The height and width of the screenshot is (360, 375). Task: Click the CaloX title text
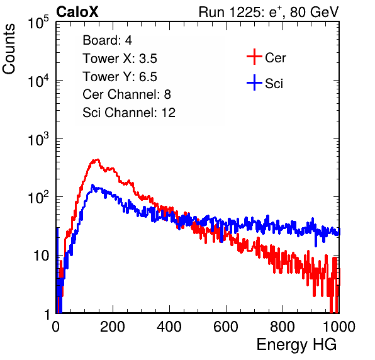[x=77, y=12]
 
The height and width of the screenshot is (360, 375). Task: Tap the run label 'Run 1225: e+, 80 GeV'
[x=269, y=12]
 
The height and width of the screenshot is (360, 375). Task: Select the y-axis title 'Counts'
[x=9, y=49]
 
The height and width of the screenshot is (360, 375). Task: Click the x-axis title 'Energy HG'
[x=296, y=345]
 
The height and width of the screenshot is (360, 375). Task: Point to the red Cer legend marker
[x=254, y=57]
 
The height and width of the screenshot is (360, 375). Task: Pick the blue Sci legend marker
[x=254, y=83]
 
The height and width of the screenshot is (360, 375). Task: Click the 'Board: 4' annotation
[x=107, y=40]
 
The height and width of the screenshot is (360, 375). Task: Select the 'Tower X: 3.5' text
[x=120, y=59]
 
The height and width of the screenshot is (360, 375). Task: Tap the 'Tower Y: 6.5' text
[x=120, y=77]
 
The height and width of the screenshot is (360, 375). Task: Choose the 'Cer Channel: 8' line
[x=126, y=94]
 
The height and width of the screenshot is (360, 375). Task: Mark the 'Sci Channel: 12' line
[x=129, y=113]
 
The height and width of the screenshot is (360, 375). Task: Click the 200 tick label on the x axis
[x=113, y=327]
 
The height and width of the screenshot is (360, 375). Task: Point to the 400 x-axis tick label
[x=169, y=327]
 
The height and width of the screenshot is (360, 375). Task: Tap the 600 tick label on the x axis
[x=226, y=327]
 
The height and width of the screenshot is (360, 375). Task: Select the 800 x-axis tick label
[x=283, y=327]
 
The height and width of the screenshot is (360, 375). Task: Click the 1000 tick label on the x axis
[x=339, y=327]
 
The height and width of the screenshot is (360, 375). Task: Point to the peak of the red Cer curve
[x=98, y=159]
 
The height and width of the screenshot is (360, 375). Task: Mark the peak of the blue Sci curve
[x=92, y=185]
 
